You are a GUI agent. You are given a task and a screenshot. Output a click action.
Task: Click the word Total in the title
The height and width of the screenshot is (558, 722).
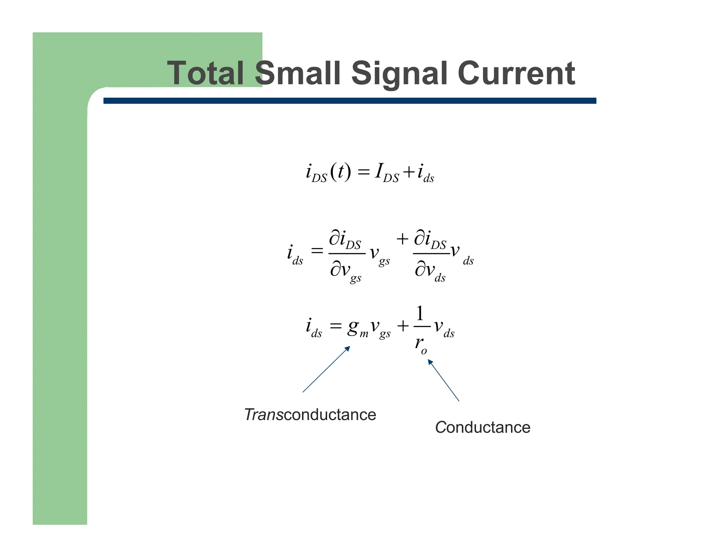[205, 73]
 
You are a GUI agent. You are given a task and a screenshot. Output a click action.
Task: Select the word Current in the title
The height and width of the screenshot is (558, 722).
[516, 73]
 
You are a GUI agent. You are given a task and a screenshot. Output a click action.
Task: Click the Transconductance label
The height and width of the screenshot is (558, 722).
[310, 414]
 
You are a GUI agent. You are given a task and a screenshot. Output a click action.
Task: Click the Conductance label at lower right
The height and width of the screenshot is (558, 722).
[482, 427]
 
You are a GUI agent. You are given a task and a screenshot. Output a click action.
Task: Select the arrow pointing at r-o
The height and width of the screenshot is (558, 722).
[443, 380]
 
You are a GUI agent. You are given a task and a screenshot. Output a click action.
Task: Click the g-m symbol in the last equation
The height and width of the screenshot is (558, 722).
[357, 328]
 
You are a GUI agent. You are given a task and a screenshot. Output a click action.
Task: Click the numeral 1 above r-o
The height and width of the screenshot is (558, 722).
[420, 313]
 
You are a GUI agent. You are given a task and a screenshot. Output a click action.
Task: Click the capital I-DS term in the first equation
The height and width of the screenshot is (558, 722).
[386, 173]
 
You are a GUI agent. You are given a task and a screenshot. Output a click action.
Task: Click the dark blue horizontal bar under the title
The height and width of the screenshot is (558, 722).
[349, 101]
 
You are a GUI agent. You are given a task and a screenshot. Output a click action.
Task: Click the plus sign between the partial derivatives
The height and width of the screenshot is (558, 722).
[402, 239]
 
